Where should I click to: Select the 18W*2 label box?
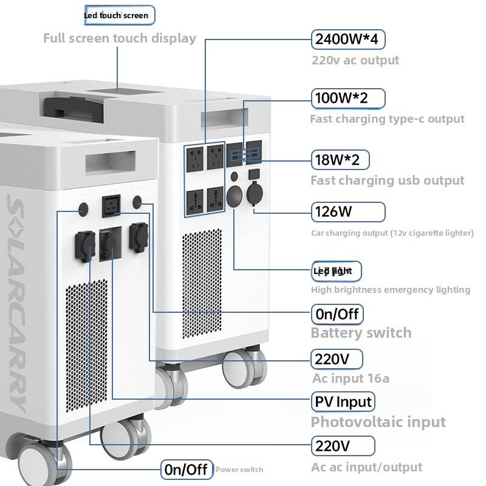(340, 160)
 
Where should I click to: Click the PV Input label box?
(343, 402)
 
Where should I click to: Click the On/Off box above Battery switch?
(337, 315)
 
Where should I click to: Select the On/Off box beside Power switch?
(187, 469)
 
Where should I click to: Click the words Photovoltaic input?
(378, 422)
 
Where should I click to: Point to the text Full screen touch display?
(120, 38)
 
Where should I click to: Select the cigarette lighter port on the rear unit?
(255, 199)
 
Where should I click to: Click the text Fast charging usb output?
(387, 180)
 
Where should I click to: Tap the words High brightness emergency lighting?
(390, 290)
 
